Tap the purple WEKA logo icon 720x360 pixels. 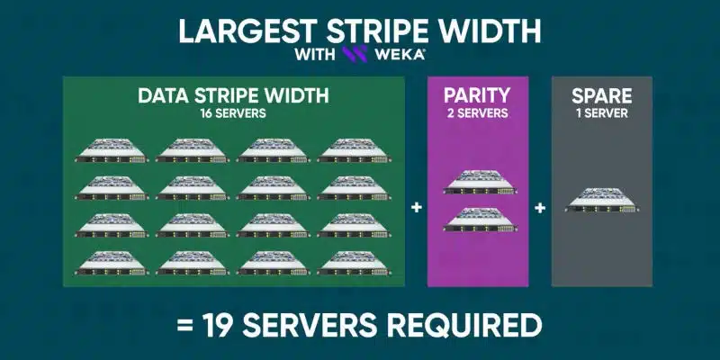(355, 54)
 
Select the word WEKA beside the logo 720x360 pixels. (400, 55)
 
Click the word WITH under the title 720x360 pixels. (315, 55)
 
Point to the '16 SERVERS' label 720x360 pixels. (233, 113)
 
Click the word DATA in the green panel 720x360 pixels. (164, 95)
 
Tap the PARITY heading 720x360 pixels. (477, 95)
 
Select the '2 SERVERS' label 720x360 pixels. (478, 113)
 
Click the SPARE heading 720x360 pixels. (601, 96)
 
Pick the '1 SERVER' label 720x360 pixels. (602, 113)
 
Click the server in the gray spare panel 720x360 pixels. (602, 200)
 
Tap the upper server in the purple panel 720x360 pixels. (480, 182)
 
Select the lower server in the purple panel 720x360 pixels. (480, 220)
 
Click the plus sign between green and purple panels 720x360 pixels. (417, 208)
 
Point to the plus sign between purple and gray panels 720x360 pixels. (540, 208)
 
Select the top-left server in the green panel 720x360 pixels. (112, 150)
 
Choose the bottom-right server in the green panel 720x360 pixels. (354, 263)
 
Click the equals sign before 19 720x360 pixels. (185, 327)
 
